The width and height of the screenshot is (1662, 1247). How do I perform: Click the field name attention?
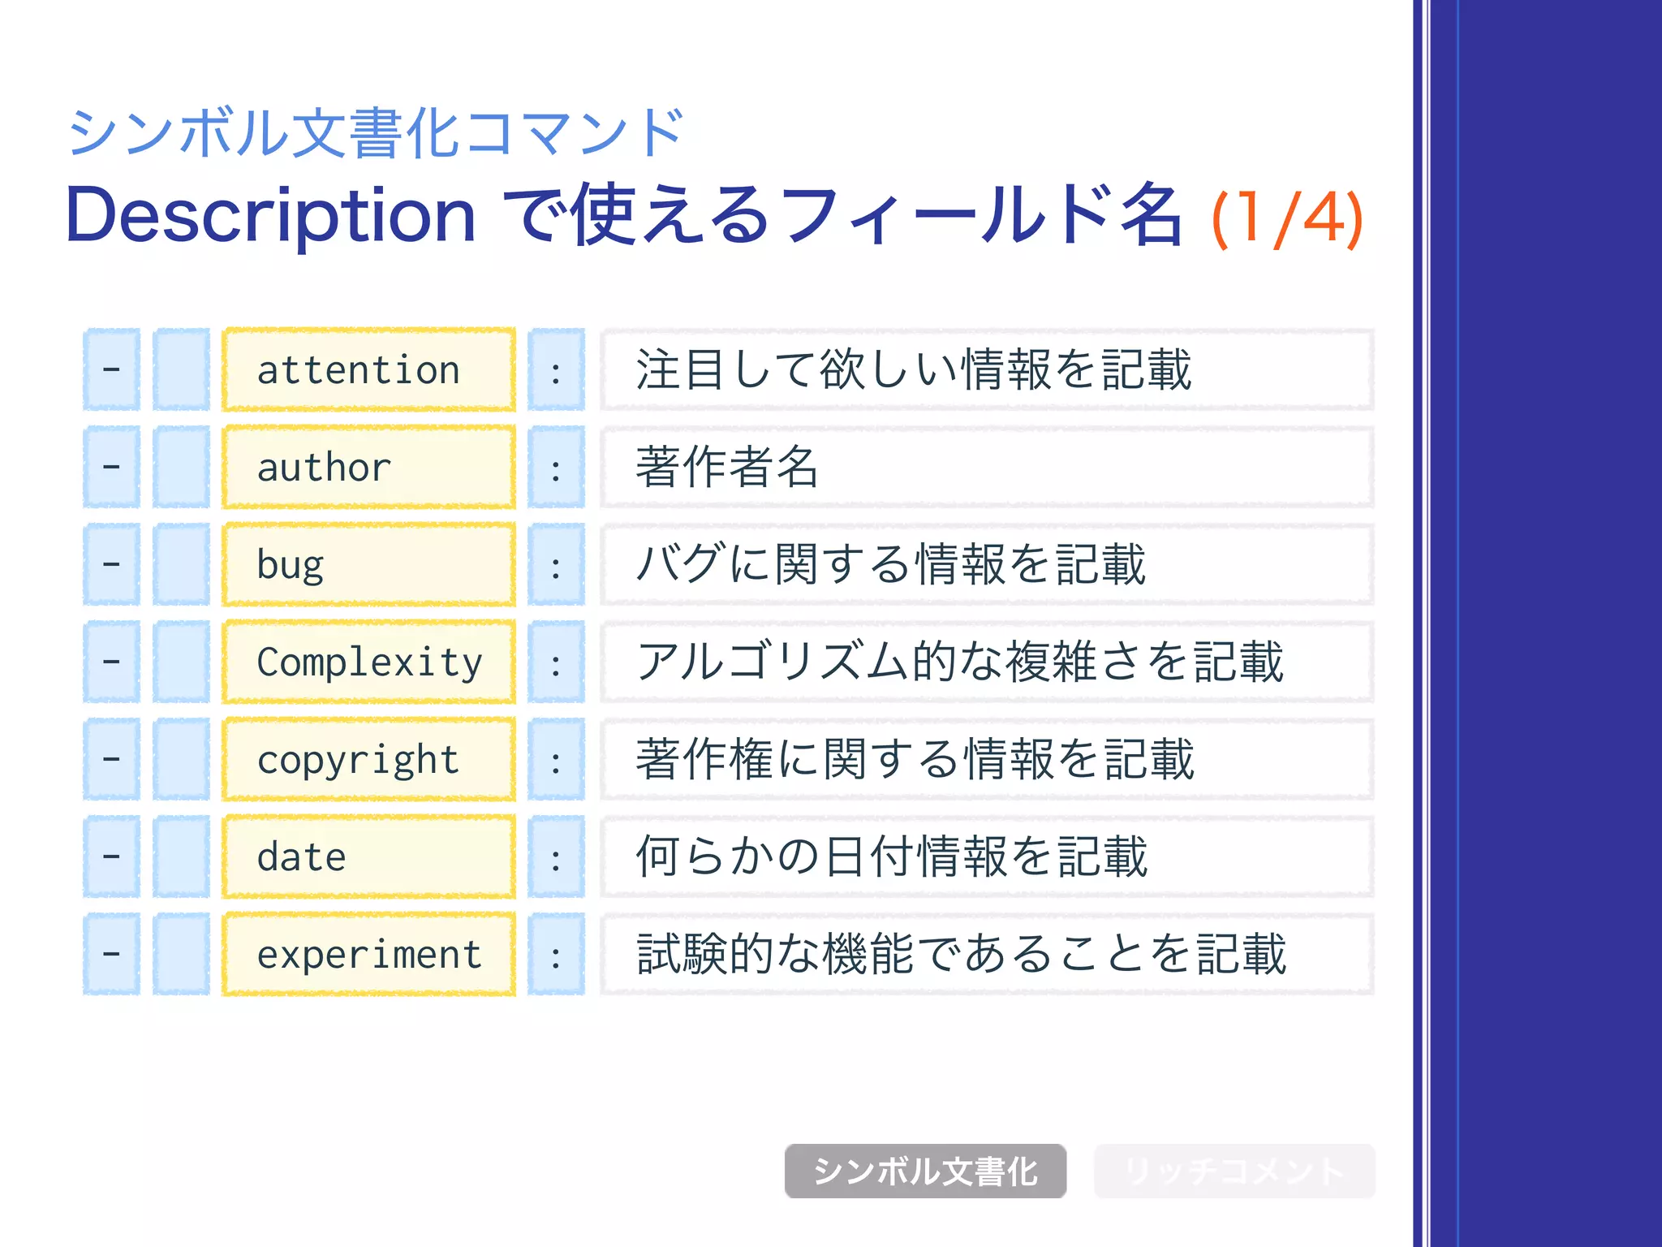tap(359, 370)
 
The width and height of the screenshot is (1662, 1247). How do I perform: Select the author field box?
tap(369, 468)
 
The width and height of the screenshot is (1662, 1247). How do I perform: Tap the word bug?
tap(291, 565)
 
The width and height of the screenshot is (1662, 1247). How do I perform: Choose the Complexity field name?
tap(369, 662)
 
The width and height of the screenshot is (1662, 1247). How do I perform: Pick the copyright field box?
tap(369, 760)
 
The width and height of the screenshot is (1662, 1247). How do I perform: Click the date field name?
tap(302, 857)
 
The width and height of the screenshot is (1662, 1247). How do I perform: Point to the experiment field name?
tap(369, 955)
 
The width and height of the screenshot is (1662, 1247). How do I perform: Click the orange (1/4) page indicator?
tap(1287, 218)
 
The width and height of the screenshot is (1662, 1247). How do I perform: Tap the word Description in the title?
tap(270, 216)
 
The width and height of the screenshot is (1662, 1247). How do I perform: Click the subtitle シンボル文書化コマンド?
tap(375, 132)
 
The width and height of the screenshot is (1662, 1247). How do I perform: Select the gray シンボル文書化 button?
tap(925, 1171)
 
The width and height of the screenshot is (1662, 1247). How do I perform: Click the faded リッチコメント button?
tap(1234, 1171)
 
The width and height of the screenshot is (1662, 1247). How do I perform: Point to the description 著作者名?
tap(727, 467)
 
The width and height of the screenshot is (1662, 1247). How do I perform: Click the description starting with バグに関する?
tap(890, 564)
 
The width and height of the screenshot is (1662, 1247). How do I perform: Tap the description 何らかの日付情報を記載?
tap(891, 857)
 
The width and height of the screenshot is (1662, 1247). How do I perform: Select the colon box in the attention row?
tap(556, 370)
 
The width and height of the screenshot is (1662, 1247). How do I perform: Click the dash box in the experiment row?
tap(112, 955)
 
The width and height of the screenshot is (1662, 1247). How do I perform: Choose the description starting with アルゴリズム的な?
tap(959, 662)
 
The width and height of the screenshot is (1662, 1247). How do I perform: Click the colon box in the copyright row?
tap(556, 760)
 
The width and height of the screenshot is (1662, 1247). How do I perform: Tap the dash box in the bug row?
tap(112, 565)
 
